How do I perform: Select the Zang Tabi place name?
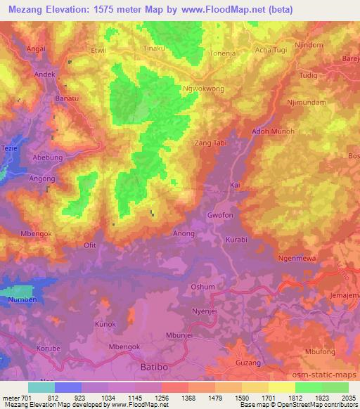tap(211, 143)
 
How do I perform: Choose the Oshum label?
tap(202, 287)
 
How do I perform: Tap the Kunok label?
tap(105, 325)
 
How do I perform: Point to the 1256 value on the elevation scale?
tap(161, 398)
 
